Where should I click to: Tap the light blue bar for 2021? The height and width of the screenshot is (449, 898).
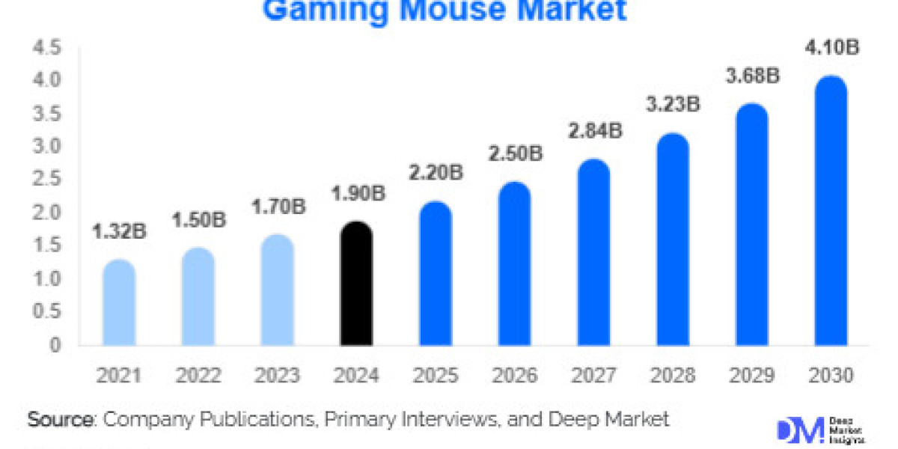coord(119,303)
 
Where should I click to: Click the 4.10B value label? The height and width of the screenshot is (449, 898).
coord(830,48)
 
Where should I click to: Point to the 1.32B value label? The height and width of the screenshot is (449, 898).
coord(119,232)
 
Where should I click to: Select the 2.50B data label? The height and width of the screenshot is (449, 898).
coord(514,154)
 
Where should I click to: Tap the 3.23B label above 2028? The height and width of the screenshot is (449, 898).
coord(672,103)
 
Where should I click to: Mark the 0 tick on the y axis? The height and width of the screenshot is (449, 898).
coord(55,345)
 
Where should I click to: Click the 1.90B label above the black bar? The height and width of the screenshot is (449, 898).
coord(356,194)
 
